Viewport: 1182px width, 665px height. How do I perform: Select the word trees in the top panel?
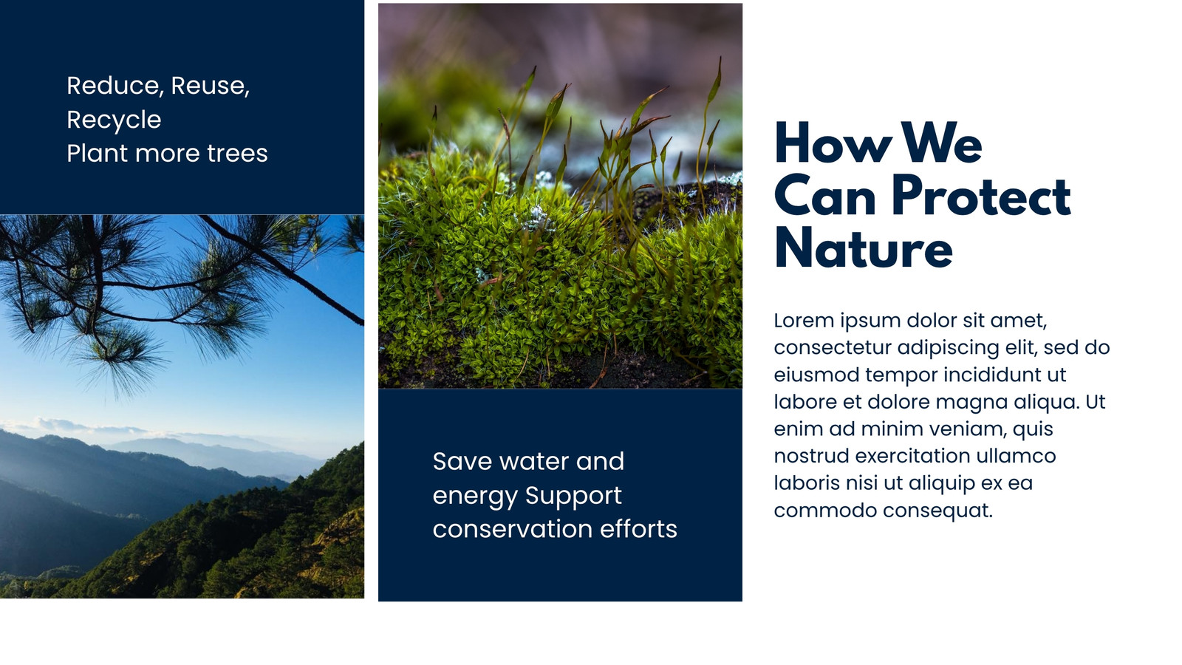click(237, 154)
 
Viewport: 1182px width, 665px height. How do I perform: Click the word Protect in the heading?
click(982, 197)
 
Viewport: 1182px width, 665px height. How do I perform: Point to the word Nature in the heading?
click(864, 248)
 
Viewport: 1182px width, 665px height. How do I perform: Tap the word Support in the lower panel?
click(573, 497)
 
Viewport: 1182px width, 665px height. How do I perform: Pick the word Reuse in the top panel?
click(210, 86)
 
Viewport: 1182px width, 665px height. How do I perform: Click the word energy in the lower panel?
click(475, 497)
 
